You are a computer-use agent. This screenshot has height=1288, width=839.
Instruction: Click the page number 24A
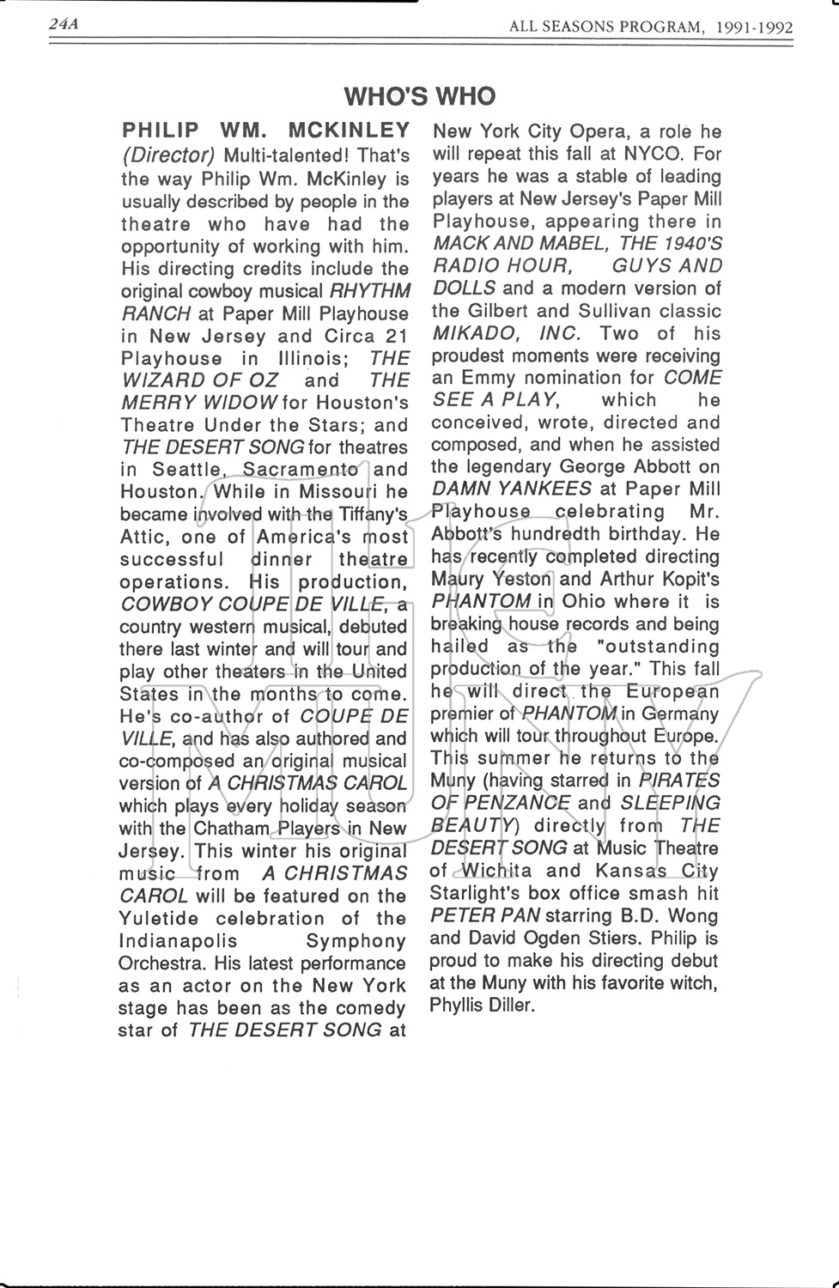point(64,25)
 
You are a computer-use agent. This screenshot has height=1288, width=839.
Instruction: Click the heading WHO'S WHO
point(419,95)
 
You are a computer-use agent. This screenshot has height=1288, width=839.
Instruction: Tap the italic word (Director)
point(168,155)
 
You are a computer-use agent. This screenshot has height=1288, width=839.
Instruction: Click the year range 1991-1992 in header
point(756,27)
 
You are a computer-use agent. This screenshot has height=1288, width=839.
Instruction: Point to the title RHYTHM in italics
point(370,290)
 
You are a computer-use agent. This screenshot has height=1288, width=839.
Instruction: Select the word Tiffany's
point(372,514)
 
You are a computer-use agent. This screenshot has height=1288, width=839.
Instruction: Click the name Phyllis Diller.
point(482,1005)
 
